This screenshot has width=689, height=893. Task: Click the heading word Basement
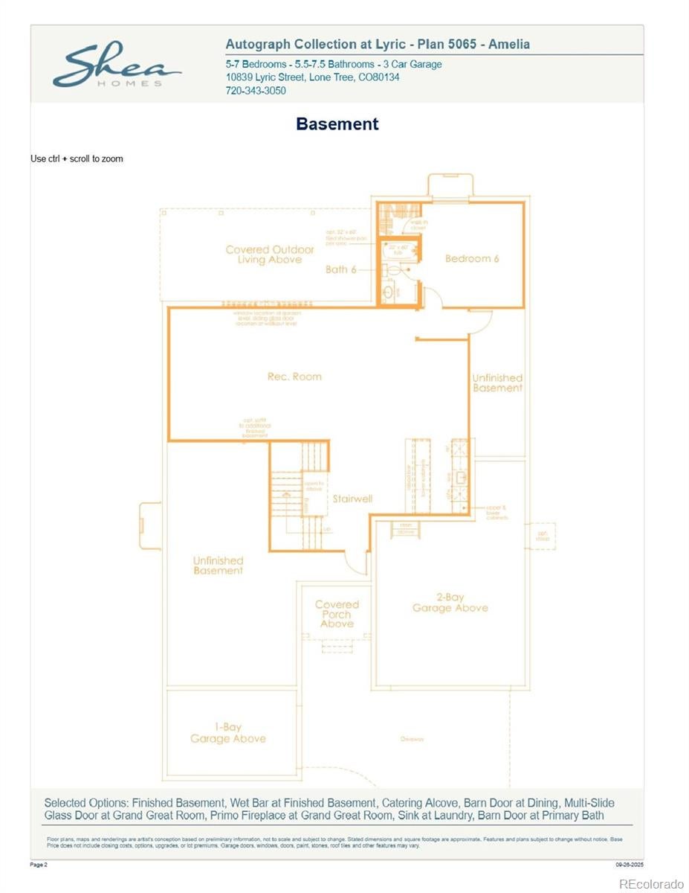pos(337,124)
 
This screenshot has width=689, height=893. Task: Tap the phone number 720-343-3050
pos(255,91)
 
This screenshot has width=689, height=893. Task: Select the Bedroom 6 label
pos(472,259)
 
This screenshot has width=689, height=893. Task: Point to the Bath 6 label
pos(340,269)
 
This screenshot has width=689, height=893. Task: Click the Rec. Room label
pos(294,377)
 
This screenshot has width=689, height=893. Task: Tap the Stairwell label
pos(352,499)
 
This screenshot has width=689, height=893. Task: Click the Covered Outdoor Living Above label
pos(269,255)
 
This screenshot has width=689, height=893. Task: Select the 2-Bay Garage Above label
pos(450,603)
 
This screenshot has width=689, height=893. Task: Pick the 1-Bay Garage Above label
pos(227,733)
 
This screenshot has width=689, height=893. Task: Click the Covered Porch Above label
pos(337,614)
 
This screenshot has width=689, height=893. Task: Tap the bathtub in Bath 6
pos(398,252)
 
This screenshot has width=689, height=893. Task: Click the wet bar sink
pos(461,477)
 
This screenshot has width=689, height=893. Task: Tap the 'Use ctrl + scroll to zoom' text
pos(77,159)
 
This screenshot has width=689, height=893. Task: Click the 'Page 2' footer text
pos(39,865)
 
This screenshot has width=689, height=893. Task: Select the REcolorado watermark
pos(651,883)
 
